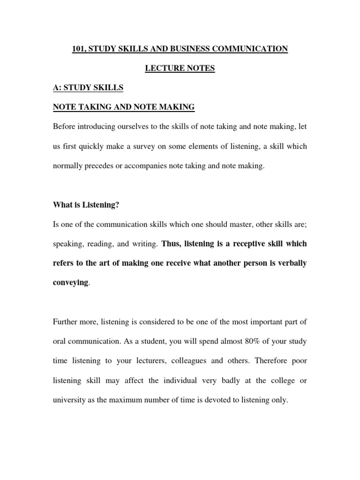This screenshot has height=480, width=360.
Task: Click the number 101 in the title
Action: pyautogui.click(x=79, y=49)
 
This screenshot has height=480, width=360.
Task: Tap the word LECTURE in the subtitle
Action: pyautogui.click(x=162, y=68)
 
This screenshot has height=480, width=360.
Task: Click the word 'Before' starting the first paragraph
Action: pyautogui.click(x=65, y=127)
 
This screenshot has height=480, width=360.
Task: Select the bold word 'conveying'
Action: pyautogui.click(x=70, y=283)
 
